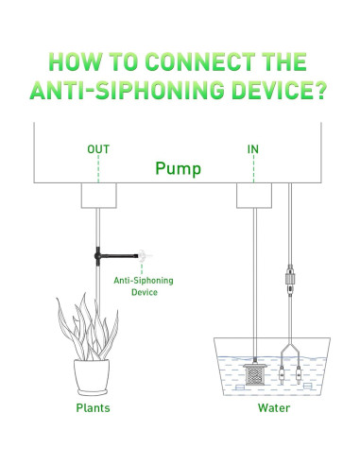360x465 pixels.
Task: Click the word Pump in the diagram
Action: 178,168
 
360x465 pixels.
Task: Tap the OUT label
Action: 98,149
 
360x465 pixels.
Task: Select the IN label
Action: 253,149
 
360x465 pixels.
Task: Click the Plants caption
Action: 93,408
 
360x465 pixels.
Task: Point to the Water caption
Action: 274,408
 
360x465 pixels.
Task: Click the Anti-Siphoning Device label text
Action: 144,286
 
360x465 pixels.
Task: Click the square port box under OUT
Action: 99,196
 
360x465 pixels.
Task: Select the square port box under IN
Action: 254,196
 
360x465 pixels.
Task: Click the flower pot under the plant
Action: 92,377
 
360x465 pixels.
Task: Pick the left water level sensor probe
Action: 282,374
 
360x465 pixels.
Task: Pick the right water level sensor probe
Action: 299,374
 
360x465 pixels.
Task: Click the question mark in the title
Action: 320,90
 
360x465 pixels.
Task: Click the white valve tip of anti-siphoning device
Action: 144,255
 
